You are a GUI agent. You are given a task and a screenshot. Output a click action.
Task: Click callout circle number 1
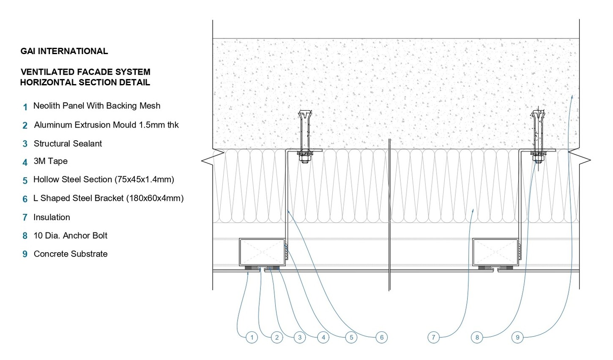click(x=252, y=337)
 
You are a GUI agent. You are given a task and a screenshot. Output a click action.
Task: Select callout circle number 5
click(x=351, y=337)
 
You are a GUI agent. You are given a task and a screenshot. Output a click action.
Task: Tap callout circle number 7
click(x=433, y=337)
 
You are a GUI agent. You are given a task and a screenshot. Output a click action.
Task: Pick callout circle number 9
click(x=517, y=337)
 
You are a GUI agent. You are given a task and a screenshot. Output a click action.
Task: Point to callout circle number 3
click(x=300, y=337)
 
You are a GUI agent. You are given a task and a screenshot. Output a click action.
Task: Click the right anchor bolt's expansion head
click(x=538, y=115)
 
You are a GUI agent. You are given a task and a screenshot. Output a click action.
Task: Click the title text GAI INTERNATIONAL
click(x=64, y=51)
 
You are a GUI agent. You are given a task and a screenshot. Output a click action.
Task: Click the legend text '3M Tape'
click(x=51, y=161)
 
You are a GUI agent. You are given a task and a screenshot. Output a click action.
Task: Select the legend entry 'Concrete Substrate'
click(x=71, y=254)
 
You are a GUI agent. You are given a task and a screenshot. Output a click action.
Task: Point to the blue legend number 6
click(x=25, y=199)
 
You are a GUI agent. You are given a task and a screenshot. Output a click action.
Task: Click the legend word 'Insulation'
click(x=52, y=217)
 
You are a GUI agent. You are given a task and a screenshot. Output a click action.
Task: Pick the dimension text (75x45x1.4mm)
click(x=144, y=180)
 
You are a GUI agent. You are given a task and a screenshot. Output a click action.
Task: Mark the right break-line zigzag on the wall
click(x=586, y=160)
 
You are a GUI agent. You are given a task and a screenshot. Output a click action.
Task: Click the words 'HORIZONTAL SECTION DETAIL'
click(x=85, y=82)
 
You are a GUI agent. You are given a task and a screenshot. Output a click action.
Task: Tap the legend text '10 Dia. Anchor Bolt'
click(x=71, y=235)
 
